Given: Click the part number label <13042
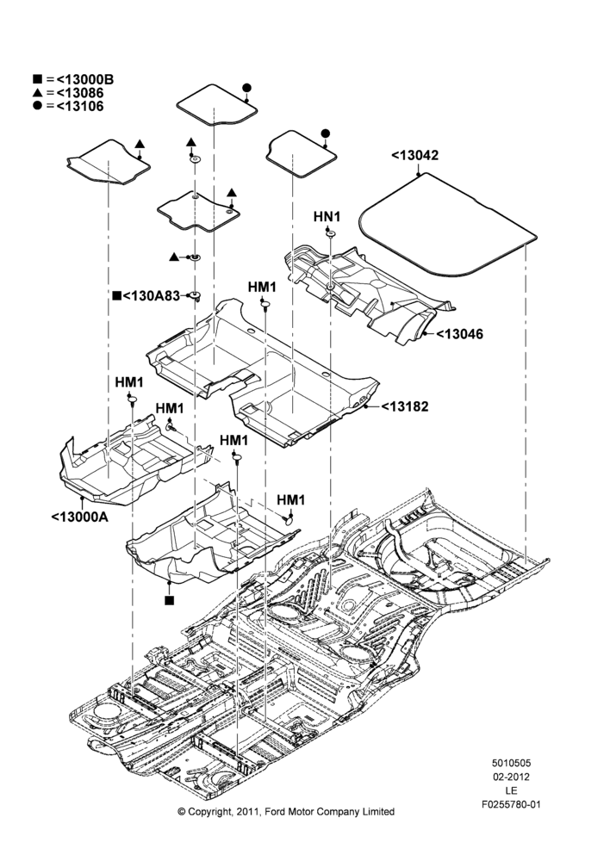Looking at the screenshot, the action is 415,155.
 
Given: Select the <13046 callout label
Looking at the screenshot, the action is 460,334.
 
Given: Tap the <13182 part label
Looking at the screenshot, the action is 405,406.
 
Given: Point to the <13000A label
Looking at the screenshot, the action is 79,517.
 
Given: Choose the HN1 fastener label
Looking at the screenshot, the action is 327,217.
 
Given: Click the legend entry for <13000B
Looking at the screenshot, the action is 73,79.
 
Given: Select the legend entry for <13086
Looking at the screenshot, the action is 68,93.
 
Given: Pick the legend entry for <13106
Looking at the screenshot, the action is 68,106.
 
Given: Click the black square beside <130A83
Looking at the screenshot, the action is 116,296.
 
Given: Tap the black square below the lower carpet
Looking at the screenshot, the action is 169,600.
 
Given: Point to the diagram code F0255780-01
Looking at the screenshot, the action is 511,804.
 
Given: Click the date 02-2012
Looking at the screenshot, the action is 511,777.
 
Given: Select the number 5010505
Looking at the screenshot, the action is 511,763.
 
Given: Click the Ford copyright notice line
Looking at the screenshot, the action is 286,812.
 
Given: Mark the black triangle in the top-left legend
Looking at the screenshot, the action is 37,93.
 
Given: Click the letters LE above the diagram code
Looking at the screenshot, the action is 511,790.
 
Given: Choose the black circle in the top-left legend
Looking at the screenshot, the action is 37,106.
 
